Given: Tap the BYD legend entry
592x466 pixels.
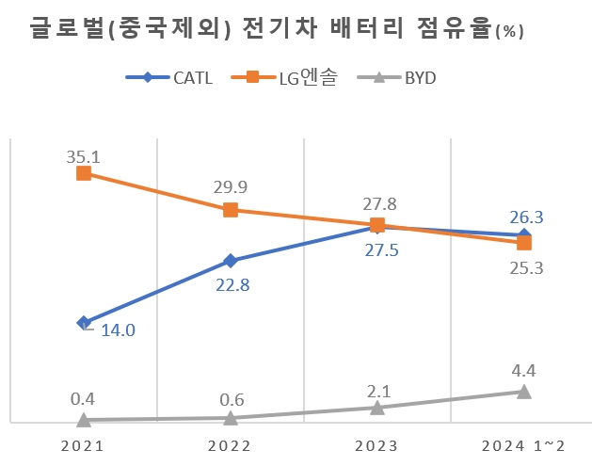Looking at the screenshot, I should [x=408, y=77].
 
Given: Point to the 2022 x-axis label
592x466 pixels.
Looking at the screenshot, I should [x=231, y=445].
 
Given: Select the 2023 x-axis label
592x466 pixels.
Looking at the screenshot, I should [x=376, y=445].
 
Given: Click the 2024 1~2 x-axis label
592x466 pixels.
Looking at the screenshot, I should [x=522, y=445].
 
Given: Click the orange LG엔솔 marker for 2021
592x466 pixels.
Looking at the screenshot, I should [x=84, y=173].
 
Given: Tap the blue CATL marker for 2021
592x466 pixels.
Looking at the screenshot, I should [x=84, y=323].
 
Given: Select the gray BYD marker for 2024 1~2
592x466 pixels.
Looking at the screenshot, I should [x=523, y=392].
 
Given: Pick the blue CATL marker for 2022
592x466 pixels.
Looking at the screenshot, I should [x=231, y=261].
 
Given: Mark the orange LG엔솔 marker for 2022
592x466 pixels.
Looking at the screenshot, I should [x=231, y=210].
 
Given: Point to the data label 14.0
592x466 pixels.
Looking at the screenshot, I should [x=117, y=329].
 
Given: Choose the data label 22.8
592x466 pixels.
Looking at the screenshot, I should [x=231, y=285].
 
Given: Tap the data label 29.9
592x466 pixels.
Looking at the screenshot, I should [x=231, y=186].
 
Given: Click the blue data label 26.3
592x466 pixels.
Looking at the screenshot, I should [x=526, y=217].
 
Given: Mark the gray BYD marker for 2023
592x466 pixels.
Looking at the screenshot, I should [x=377, y=408].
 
